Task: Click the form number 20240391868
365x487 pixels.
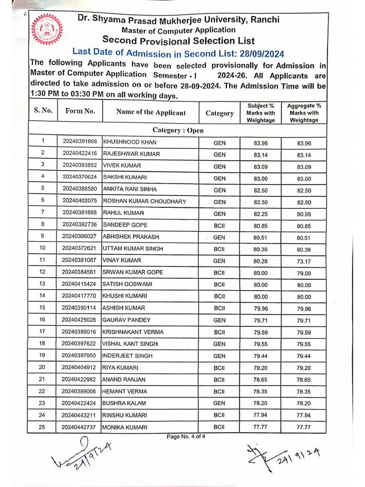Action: [x=79, y=142]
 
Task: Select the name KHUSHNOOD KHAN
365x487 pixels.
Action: [x=130, y=142]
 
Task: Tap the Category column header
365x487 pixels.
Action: [x=220, y=113]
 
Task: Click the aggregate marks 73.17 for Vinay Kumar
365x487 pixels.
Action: [x=304, y=261]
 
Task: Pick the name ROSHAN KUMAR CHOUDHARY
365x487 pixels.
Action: [x=144, y=202]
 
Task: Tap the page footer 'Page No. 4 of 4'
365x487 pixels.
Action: [x=185, y=437]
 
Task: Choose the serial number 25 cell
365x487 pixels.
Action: [x=42, y=427]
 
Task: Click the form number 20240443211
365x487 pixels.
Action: [x=79, y=416]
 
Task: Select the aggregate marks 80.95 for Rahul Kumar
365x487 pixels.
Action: [x=304, y=214]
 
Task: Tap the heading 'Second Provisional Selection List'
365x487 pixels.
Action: [x=178, y=41]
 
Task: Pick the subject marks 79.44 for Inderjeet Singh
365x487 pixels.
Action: [x=260, y=356]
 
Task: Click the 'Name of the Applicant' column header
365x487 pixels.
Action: [x=151, y=113]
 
